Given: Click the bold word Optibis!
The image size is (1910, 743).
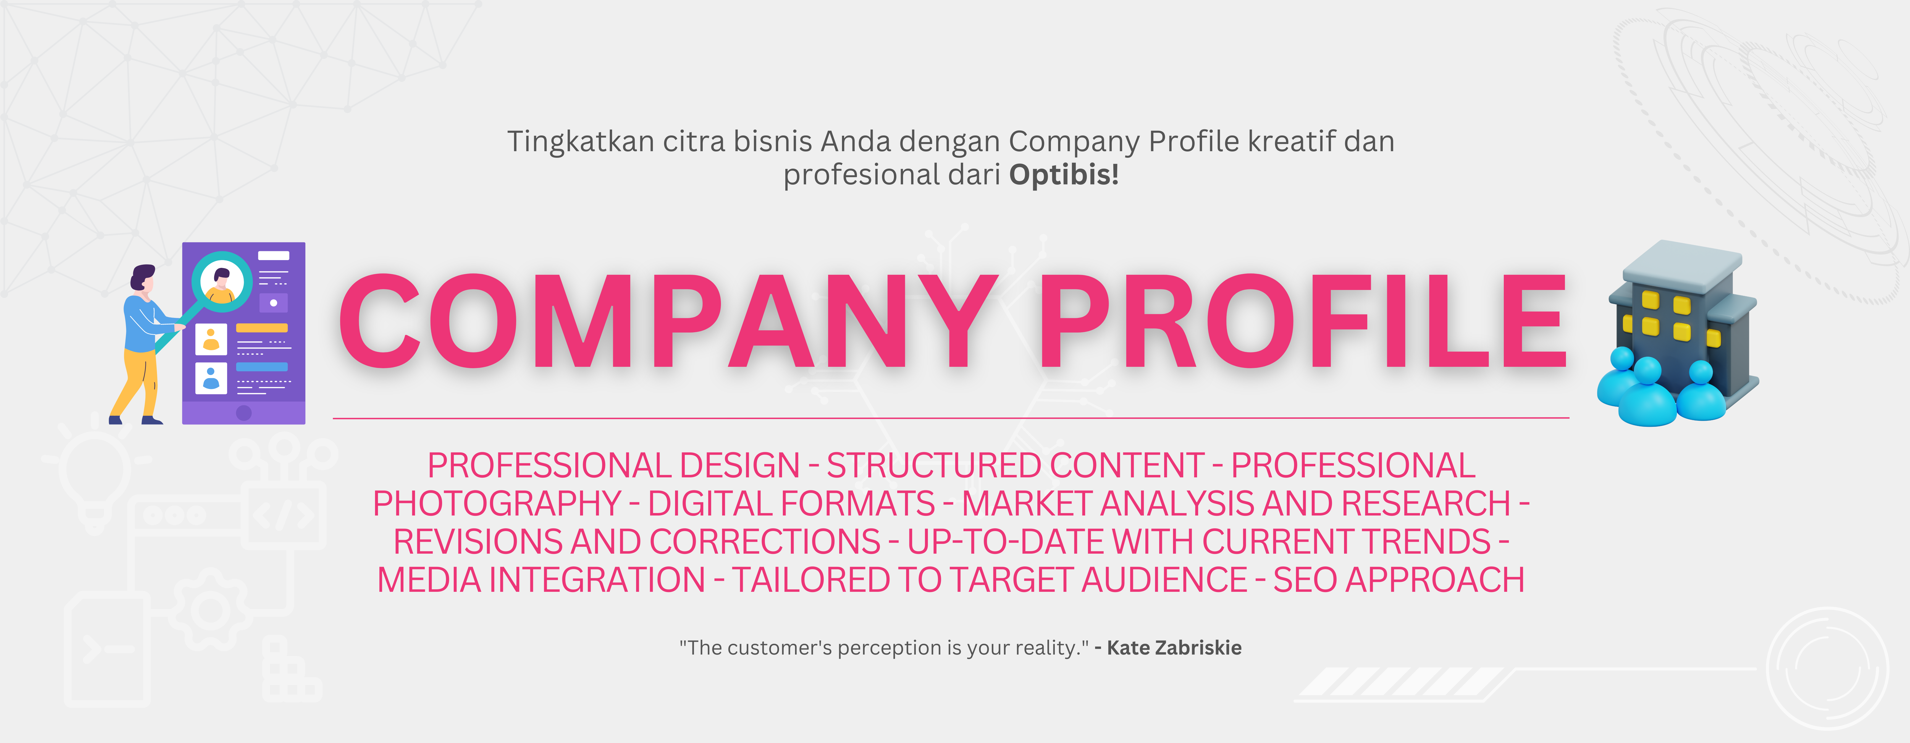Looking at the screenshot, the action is [x=1064, y=175].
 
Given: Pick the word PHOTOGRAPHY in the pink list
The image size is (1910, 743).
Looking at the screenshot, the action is [x=497, y=504].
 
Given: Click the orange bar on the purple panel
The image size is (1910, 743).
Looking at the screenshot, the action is [x=262, y=328].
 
